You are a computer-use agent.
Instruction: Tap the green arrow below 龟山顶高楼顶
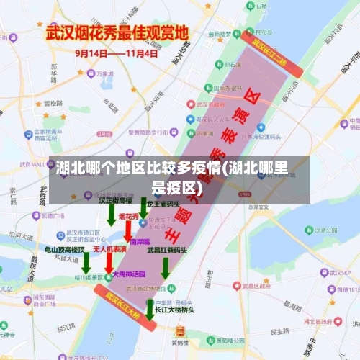tap(86, 262)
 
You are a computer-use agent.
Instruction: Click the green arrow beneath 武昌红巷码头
tap(166, 268)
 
